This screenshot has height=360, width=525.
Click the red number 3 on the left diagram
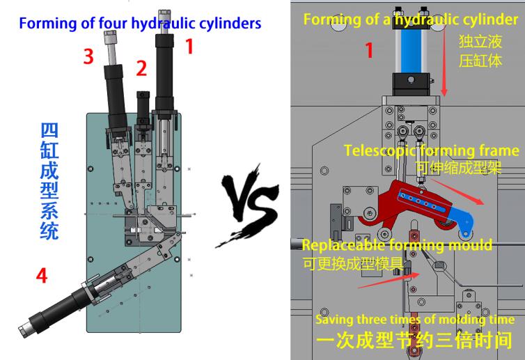pos(88,56)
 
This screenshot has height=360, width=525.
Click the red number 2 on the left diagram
pos(141,68)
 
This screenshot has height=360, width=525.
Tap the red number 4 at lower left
pos(42,276)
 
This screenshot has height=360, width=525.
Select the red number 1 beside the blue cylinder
pos(370,50)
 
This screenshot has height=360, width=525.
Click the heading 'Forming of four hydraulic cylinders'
pos(140,23)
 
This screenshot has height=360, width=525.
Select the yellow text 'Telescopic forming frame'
pos(431,150)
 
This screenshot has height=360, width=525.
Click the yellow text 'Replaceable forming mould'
pos(397,245)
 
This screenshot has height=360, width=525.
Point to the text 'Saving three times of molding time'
pos(415,320)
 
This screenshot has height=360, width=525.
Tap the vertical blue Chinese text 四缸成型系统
pos(49,180)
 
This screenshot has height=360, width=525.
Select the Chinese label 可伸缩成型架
pos(457,167)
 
